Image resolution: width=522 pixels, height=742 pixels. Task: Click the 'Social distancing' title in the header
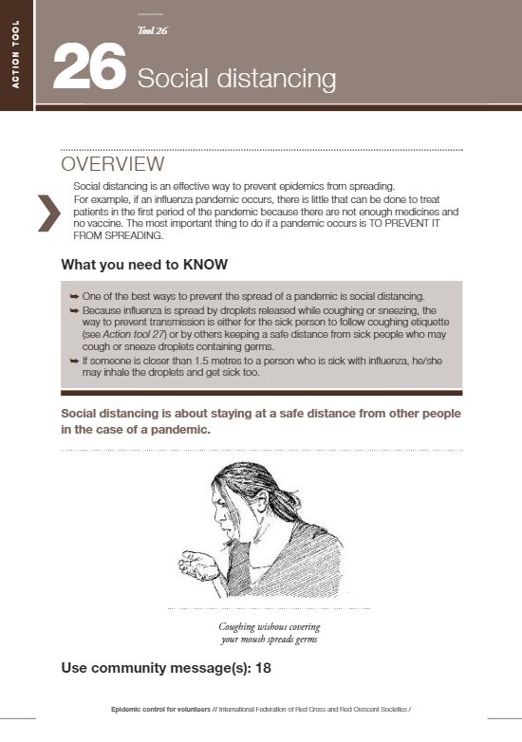[236, 78]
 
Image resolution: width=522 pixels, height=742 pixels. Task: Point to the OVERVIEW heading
[113, 165]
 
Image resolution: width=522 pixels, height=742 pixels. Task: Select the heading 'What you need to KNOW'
[144, 264]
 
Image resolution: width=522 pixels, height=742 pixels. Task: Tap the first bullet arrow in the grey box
[75, 297]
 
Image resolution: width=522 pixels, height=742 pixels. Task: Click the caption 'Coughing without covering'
[270, 626]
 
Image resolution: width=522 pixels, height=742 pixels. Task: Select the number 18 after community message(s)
[263, 668]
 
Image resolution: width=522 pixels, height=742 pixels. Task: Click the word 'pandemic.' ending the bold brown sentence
[178, 430]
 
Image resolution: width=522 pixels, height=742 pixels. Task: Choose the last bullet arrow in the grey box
[75, 360]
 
